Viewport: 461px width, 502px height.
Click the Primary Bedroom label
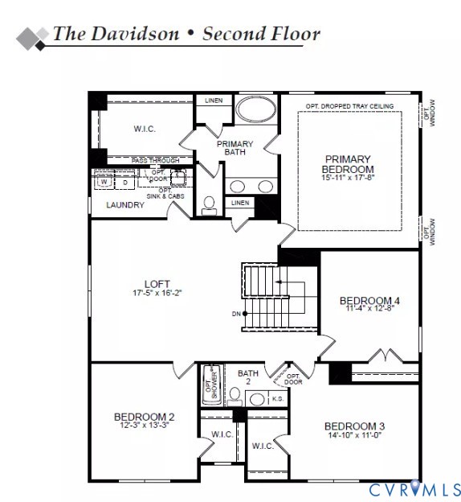click(349, 164)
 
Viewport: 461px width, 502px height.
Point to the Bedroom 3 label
click(354, 426)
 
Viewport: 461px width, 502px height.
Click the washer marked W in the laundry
click(104, 182)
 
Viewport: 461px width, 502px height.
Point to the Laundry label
click(125, 205)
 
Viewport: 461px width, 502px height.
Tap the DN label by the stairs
click(235, 313)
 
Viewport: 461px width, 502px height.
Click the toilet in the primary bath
click(210, 205)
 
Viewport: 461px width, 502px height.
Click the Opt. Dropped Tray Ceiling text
click(349, 106)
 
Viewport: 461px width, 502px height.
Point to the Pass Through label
click(156, 161)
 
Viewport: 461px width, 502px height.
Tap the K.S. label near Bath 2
click(278, 398)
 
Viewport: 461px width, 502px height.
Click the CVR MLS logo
click(414, 488)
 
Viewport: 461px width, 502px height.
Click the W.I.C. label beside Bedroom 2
click(222, 434)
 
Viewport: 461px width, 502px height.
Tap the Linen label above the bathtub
click(214, 101)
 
